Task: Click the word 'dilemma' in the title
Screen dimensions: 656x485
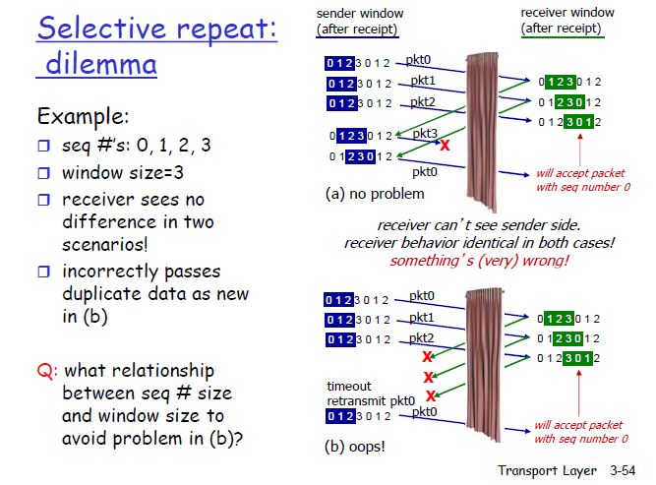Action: coord(101,64)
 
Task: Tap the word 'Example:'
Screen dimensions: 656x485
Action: coord(83,116)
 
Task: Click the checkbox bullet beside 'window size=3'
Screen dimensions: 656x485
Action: coord(43,173)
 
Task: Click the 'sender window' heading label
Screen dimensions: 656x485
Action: coord(360,14)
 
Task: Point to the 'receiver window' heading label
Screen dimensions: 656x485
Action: coord(567,13)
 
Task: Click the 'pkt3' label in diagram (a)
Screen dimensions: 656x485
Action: coord(425,133)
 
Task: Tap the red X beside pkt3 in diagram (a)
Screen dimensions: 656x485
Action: coord(445,146)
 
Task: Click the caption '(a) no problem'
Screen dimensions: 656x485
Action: coord(375,194)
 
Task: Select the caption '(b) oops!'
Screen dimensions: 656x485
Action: coord(354,447)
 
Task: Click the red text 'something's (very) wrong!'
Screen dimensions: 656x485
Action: coord(479,261)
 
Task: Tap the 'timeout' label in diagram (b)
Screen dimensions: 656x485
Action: coord(349,386)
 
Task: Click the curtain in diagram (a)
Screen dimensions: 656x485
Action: coord(482,131)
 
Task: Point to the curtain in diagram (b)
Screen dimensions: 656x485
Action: coord(483,364)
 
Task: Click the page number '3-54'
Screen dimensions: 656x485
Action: coord(623,470)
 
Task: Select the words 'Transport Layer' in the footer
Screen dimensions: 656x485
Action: coord(547,471)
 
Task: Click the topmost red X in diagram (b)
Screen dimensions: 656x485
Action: coord(427,356)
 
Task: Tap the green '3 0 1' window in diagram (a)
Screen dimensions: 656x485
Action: coord(578,122)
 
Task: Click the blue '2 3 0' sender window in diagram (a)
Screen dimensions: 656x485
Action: coord(361,157)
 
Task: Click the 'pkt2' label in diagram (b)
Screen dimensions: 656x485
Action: coord(421,338)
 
